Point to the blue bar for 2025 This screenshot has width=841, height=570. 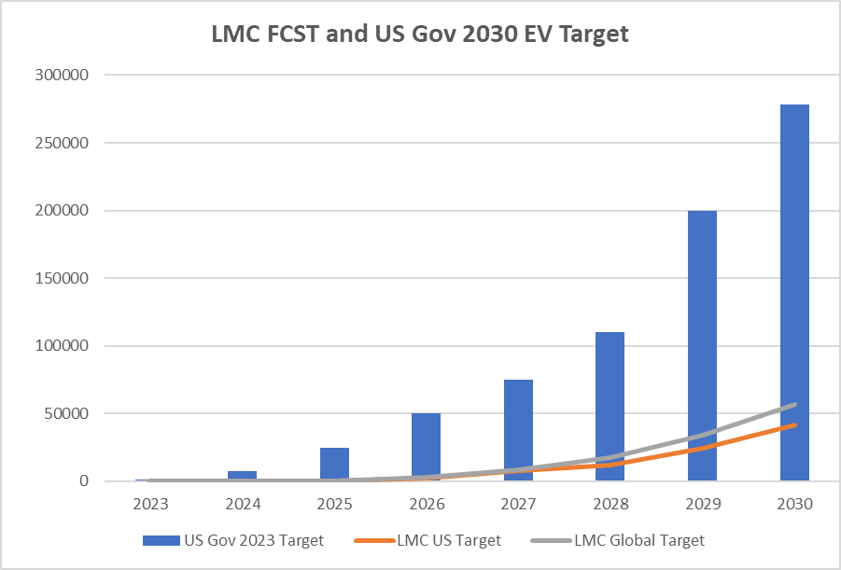pyautogui.click(x=334, y=464)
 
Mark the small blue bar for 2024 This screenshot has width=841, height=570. pyautogui.click(x=242, y=476)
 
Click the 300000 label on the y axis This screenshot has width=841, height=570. pyautogui.click(x=70, y=75)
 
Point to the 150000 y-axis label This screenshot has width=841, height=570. pyautogui.click(x=70, y=278)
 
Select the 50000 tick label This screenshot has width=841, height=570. pyautogui.click(x=74, y=413)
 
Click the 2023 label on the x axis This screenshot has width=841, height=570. pyautogui.click(x=150, y=504)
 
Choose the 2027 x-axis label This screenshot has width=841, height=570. pyautogui.click(x=518, y=504)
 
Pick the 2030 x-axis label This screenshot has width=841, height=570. pyautogui.click(x=794, y=504)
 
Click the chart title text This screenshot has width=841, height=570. pyautogui.click(x=420, y=35)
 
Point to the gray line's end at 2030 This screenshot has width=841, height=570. pyautogui.click(x=795, y=405)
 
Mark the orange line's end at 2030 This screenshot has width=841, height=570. pyautogui.click(x=795, y=425)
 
